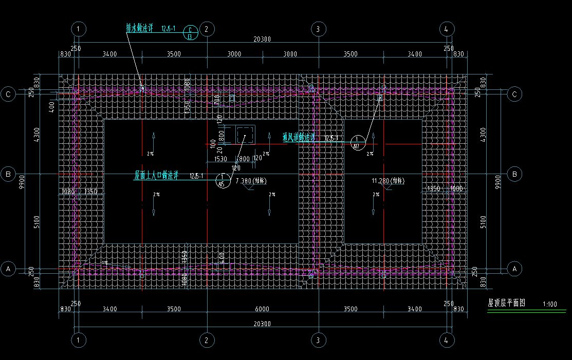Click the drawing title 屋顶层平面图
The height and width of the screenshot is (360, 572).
(x=506, y=304)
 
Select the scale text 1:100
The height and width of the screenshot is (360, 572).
(x=549, y=304)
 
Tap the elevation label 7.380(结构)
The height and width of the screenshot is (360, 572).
(x=251, y=181)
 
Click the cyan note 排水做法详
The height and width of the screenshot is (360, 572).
(x=140, y=29)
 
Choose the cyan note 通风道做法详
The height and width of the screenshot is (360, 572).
(x=299, y=138)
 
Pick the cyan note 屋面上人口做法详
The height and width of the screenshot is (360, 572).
(x=156, y=176)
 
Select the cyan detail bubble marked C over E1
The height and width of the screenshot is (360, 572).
(x=190, y=33)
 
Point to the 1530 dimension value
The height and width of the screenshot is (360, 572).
(x=220, y=159)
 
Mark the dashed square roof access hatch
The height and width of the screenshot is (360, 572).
(x=245, y=135)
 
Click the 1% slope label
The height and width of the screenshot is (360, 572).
(x=104, y=263)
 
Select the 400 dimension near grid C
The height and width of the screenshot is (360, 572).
(x=51, y=107)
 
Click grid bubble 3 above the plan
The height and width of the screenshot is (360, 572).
(x=318, y=29)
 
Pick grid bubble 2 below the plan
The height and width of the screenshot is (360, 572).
(x=206, y=340)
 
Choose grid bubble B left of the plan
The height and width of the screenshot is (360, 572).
(x=8, y=174)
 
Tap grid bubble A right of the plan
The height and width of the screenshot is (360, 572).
(x=514, y=268)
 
